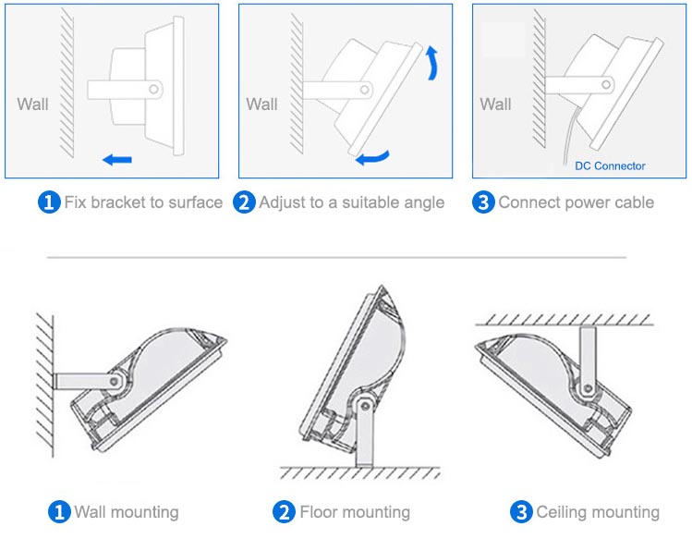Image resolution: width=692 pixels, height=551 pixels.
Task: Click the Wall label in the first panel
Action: [33, 104]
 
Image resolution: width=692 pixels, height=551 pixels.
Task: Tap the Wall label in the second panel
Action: [261, 104]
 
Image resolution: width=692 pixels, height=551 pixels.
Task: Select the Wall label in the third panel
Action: [495, 104]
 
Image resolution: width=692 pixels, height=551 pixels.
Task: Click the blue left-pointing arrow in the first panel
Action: [117, 160]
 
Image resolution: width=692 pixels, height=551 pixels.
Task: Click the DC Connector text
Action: [610, 166]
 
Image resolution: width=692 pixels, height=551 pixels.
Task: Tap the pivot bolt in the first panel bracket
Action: [153, 90]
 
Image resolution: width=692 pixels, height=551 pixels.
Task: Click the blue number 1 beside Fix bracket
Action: [48, 202]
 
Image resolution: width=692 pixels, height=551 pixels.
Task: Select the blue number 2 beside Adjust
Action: [244, 202]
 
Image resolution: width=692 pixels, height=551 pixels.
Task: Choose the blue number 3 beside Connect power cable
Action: [483, 202]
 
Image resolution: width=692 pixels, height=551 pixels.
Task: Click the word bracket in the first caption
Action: [118, 202]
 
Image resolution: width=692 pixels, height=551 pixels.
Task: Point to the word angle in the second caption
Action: [423, 202]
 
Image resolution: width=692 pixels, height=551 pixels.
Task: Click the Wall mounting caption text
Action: [127, 511]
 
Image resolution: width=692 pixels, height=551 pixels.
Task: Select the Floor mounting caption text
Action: [355, 511]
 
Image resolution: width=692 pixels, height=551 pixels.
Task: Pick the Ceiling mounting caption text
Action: [598, 511]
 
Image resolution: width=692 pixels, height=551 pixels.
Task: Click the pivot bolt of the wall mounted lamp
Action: [115, 380]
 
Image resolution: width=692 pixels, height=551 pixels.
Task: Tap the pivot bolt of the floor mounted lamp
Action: [366, 403]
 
